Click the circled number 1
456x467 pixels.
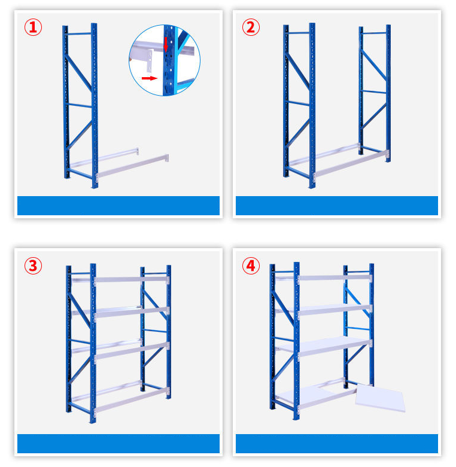(33, 28)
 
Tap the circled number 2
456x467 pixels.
(251, 28)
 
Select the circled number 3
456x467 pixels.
(33, 265)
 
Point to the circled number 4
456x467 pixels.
(251, 265)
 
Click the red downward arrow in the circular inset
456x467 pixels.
(166, 44)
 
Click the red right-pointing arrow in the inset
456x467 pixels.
(150, 78)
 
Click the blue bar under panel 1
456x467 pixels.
(118, 206)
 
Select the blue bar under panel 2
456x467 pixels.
(337, 206)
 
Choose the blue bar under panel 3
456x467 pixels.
(118, 444)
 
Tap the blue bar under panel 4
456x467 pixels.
(337, 444)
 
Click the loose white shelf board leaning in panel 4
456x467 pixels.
(381, 398)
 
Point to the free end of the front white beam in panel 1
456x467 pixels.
(167, 157)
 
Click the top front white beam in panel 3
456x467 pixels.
(131, 280)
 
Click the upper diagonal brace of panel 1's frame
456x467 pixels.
(78, 73)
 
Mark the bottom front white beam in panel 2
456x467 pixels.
(351, 163)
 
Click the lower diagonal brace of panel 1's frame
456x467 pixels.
(79, 135)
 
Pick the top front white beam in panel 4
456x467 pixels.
(335, 278)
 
